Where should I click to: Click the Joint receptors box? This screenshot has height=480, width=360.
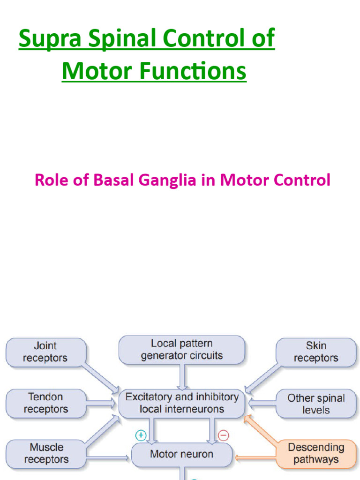tap(45, 352)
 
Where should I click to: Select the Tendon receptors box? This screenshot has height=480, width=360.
tap(45, 403)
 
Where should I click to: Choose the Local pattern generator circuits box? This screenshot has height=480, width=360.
tap(181, 350)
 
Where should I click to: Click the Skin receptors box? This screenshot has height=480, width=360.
tap(315, 352)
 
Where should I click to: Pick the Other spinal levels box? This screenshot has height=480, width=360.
tap(315, 404)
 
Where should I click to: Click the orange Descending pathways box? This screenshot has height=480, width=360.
tap(315, 453)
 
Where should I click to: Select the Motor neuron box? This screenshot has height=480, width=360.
tap(181, 454)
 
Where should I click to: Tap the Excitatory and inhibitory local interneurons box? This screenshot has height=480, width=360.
tap(181, 403)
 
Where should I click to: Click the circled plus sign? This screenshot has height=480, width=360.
tap(141, 435)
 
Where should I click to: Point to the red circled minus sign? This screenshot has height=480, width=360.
tap(224, 435)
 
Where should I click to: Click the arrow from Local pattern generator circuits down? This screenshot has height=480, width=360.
tap(181, 376)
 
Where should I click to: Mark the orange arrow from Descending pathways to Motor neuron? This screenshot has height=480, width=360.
tap(253, 454)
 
